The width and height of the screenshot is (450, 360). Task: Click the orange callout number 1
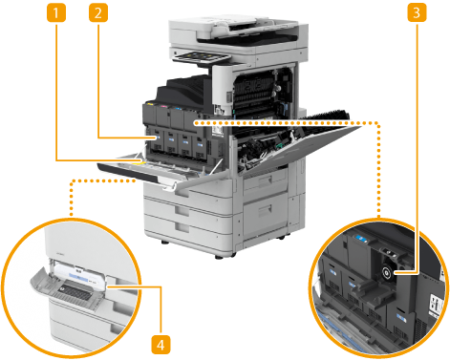click(x=56, y=13)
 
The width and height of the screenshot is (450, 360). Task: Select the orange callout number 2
click(x=98, y=13)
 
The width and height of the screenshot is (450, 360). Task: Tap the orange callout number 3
click(x=417, y=13)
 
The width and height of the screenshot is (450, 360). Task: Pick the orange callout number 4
click(x=161, y=345)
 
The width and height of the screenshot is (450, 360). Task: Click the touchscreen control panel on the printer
click(x=202, y=57)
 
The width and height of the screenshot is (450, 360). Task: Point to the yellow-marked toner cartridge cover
click(x=149, y=113)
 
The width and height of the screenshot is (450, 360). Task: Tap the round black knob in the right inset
click(x=387, y=273)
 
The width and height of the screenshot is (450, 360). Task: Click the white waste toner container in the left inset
click(x=80, y=276)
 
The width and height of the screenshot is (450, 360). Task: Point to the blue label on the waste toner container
click(x=79, y=277)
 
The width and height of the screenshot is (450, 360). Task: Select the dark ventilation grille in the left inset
click(x=74, y=293)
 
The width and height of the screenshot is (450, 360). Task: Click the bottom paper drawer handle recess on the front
click(x=182, y=227)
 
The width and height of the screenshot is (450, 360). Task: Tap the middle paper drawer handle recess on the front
click(x=182, y=209)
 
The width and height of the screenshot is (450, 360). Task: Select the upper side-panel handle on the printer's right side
click(x=265, y=180)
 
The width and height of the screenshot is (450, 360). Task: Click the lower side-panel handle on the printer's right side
click(x=265, y=210)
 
